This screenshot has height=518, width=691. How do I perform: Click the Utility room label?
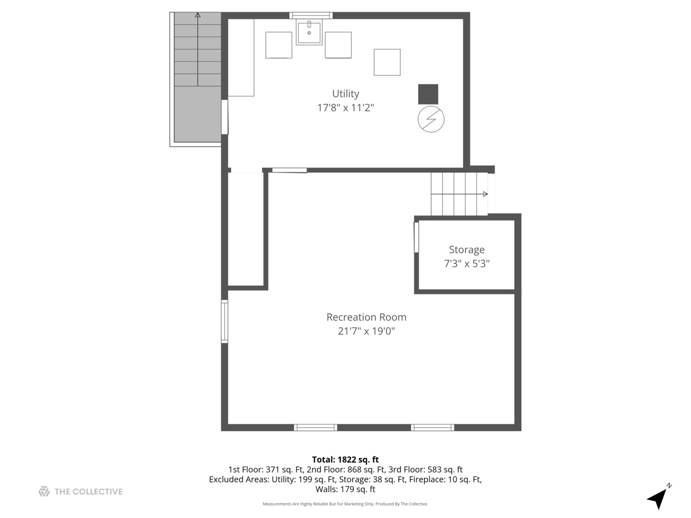click(x=345, y=94)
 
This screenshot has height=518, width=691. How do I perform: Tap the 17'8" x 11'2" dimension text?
click(x=345, y=108)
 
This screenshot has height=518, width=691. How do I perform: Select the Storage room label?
click(x=466, y=250)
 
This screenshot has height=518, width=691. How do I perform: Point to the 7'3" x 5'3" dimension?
click(x=466, y=264)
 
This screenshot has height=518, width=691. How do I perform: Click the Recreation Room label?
click(x=366, y=317)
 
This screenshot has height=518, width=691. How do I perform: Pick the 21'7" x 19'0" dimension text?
click(x=366, y=331)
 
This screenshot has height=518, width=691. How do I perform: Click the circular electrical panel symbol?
click(x=431, y=119)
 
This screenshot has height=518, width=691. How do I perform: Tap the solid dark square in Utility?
click(x=428, y=94)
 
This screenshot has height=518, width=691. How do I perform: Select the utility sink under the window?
click(x=309, y=32)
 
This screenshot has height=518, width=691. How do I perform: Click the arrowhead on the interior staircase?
click(x=486, y=194)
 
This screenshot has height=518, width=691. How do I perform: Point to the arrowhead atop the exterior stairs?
click(x=198, y=15)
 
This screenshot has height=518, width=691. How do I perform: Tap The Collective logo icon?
click(x=44, y=491)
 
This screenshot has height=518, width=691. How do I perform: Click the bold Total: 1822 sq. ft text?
click(x=345, y=459)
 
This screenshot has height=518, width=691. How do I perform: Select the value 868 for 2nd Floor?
click(x=354, y=470)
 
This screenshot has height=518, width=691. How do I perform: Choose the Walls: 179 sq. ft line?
click(x=345, y=489)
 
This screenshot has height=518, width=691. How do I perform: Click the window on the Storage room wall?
click(x=416, y=237)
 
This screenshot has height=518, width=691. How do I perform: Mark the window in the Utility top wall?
click(x=311, y=15)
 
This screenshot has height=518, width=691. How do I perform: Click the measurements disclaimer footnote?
click(x=345, y=504)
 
